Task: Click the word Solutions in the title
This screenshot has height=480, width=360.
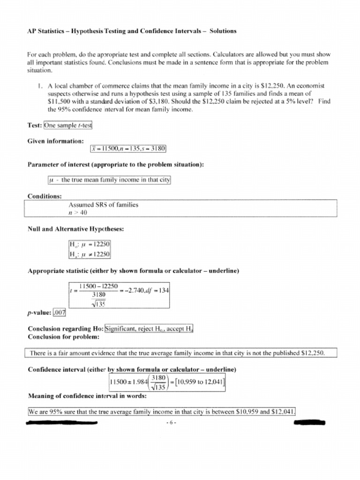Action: pyautogui.click(x=223, y=31)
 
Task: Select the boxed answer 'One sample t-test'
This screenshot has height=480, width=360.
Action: pyautogui.click(x=68, y=126)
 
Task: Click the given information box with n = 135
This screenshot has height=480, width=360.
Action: pyautogui.click(x=128, y=149)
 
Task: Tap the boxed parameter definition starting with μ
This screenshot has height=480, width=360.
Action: pyautogui.click(x=110, y=180)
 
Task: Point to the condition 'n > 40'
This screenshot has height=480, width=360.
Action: pyautogui.click(x=78, y=212)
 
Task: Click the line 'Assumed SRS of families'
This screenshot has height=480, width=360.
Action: pyautogui.click(x=103, y=205)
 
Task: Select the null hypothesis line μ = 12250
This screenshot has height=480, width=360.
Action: pyautogui.click(x=89, y=245)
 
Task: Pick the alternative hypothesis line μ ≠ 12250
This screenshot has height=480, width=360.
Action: pyautogui.click(x=89, y=254)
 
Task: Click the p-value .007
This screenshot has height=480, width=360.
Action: pyautogui.click(x=60, y=313)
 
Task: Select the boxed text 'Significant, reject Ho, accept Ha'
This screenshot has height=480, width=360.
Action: pyautogui.click(x=149, y=329)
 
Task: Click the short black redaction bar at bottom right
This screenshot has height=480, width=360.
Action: pyautogui.click(x=309, y=423)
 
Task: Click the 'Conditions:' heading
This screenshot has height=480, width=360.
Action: pyautogui.click(x=45, y=196)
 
